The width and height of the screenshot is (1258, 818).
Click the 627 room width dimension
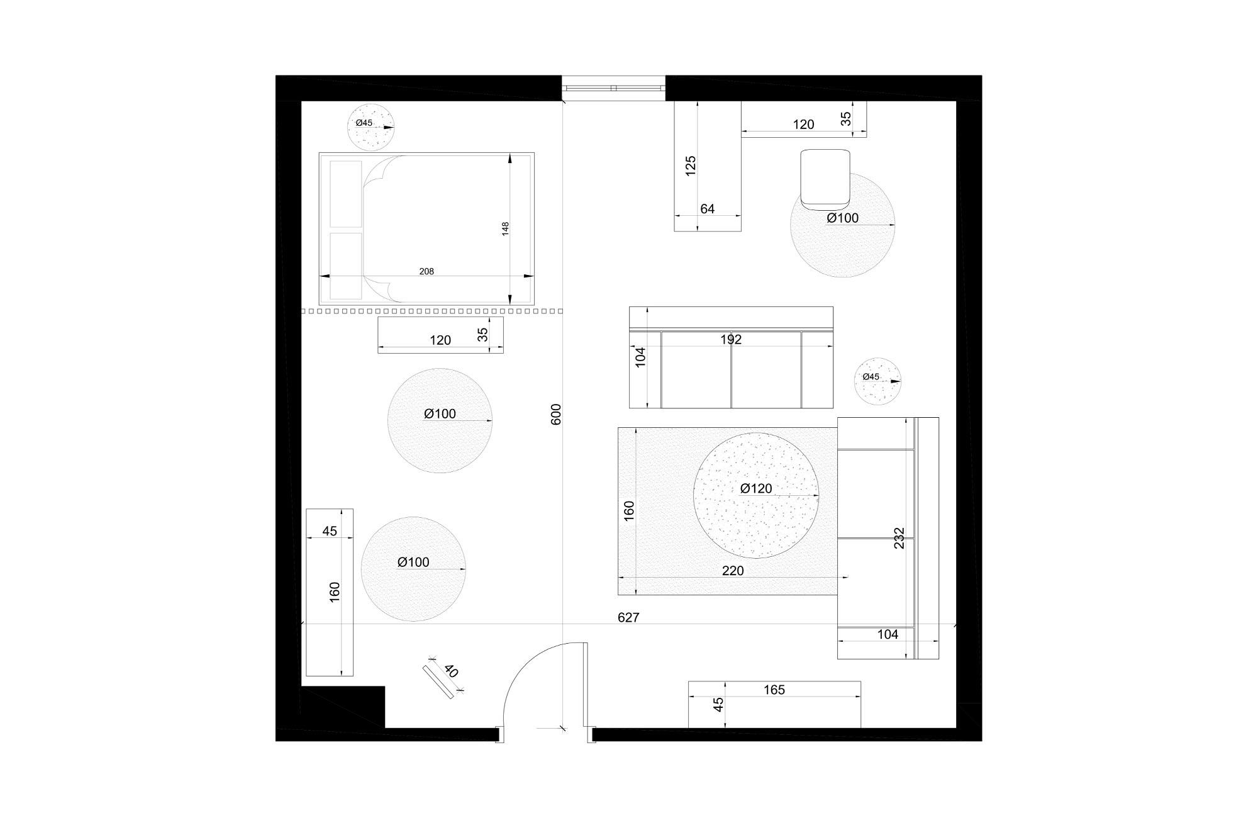(x=628, y=618)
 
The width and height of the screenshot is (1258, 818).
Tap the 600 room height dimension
(x=556, y=414)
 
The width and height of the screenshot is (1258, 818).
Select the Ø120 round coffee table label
(x=756, y=488)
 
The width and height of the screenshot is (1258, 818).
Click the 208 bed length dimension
(x=426, y=272)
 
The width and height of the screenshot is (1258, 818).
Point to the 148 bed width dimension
(x=505, y=228)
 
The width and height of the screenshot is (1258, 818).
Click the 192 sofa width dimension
(x=731, y=340)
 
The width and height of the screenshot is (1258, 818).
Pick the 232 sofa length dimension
(x=899, y=538)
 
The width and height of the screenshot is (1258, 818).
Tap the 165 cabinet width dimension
(x=774, y=690)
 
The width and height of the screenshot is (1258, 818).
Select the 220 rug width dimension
(x=733, y=571)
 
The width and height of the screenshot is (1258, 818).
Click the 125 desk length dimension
(x=691, y=165)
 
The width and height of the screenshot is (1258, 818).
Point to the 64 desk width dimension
(x=708, y=209)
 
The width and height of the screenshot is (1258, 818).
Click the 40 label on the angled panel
(x=451, y=671)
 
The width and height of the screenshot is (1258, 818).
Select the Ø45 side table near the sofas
(x=877, y=381)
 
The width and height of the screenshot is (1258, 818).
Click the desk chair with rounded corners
(x=825, y=179)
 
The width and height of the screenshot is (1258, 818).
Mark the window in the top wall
(x=613, y=88)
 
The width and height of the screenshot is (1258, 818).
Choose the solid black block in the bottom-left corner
(x=343, y=706)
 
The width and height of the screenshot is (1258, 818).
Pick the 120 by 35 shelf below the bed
(x=440, y=335)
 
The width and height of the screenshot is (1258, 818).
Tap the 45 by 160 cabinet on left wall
(x=330, y=591)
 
